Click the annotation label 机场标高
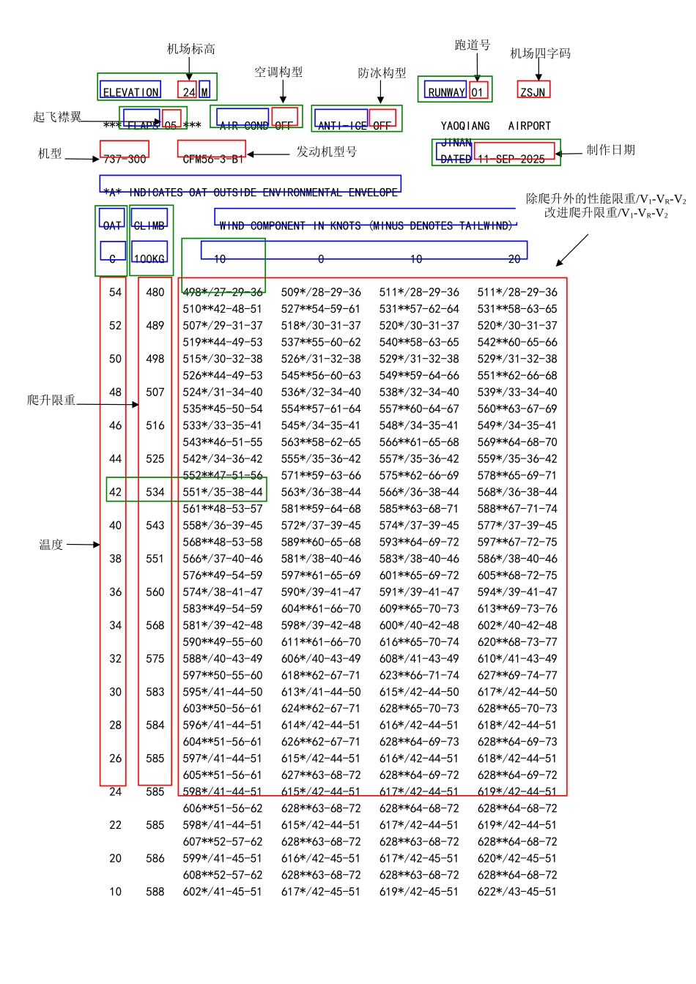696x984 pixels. [190, 49]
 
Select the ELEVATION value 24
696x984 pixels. [188, 92]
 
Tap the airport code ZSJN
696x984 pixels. [533, 92]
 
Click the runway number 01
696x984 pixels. [477, 92]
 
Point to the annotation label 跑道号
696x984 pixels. [472, 45]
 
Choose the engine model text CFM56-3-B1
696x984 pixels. [212, 159]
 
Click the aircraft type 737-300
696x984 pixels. [125, 159]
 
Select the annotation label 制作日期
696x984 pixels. [610, 150]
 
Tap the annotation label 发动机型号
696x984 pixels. [326, 152]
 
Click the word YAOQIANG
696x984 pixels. [465, 126]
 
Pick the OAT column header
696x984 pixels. [112, 225]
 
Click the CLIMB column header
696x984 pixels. [149, 225]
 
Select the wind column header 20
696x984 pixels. [514, 259]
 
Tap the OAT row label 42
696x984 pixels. [115, 492]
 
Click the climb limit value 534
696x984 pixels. [155, 492]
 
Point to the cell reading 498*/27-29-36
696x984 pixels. [223, 292]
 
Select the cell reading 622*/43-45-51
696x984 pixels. [517, 892]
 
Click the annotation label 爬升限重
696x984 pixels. [51, 400]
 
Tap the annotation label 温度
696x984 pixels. [51, 545]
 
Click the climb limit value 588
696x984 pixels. [155, 892]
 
